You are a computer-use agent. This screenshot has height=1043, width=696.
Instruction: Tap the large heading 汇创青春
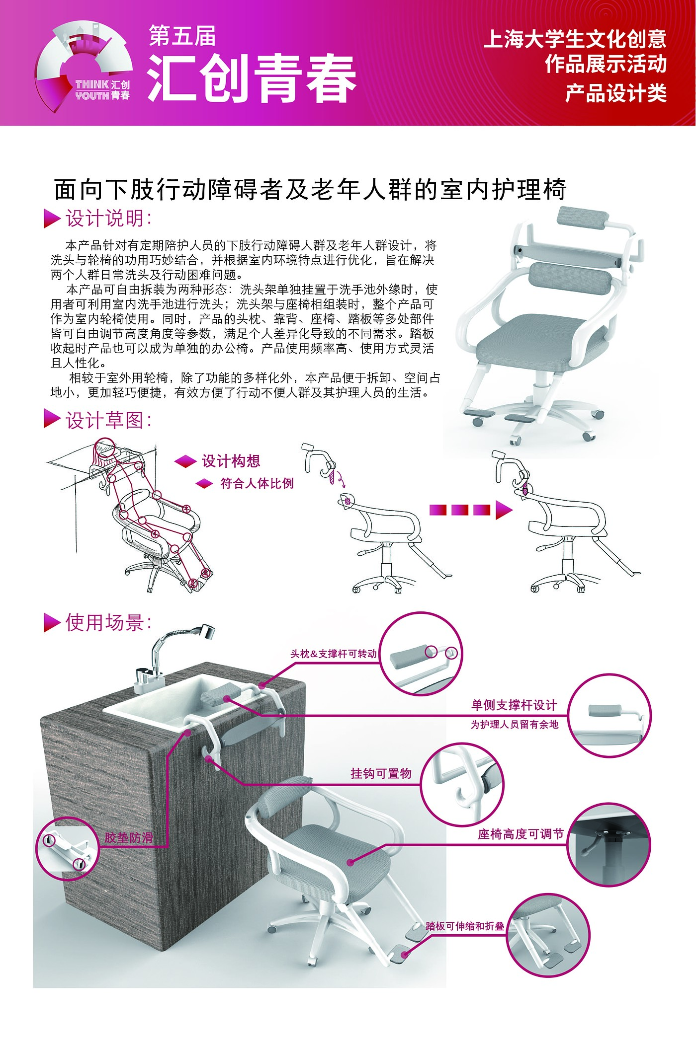point(252,78)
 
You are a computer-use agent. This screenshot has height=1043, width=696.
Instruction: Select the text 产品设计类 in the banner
point(616,93)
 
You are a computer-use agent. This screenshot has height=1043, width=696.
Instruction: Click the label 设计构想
point(231,461)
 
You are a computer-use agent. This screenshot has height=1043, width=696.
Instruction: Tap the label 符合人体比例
point(257,483)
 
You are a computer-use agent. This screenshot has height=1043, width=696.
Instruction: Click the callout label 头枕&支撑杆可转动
point(334,654)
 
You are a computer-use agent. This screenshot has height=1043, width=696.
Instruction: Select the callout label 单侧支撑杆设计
point(515,705)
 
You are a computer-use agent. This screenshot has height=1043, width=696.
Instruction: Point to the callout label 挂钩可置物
point(381,773)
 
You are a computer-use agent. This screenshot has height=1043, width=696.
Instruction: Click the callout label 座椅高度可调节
point(521,834)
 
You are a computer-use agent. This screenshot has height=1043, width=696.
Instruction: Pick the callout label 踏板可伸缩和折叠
point(465,926)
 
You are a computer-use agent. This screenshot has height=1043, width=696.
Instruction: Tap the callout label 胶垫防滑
point(129,838)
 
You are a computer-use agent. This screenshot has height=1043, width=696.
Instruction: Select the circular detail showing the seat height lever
point(609,844)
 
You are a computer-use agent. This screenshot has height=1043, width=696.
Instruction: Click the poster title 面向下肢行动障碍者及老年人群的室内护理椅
point(310,189)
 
